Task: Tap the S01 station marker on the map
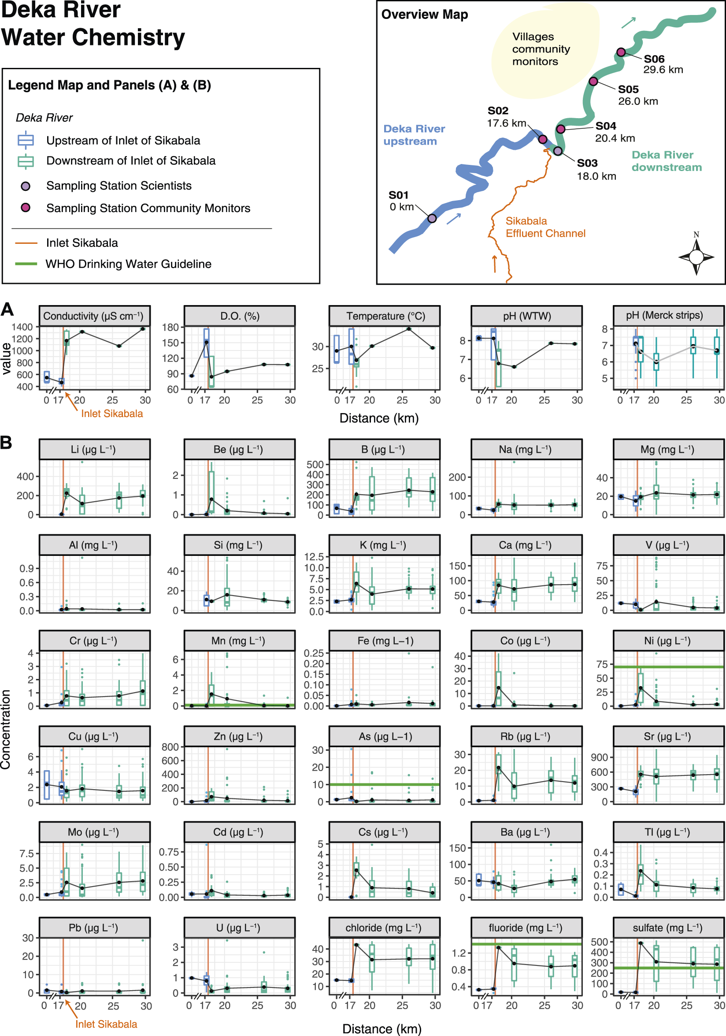coord(432,218)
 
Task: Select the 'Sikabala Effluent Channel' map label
coord(545,227)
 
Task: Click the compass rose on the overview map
coord(696,257)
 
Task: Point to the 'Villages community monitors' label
coord(541,49)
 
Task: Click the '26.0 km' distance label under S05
coord(637,101)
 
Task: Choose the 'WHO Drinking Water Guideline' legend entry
coord(128,264)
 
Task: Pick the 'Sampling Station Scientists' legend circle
coord(26,186)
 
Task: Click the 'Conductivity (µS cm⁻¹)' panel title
coord(93,316)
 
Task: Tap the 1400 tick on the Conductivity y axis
coord(22,327)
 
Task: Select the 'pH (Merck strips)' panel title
coord(664,315)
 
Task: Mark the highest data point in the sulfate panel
coord(641,943)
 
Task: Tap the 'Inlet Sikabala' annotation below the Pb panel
coord(106,1024)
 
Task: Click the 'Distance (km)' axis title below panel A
coord(379,418)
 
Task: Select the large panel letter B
coord(6,443)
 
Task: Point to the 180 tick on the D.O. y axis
coord(170,327)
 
